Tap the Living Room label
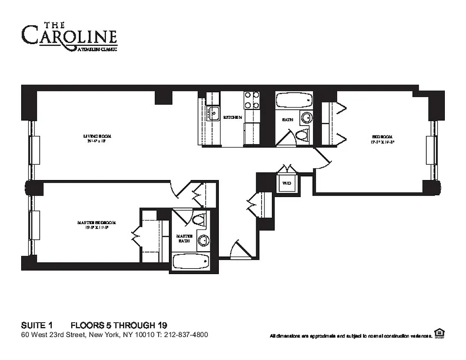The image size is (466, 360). [97, 138]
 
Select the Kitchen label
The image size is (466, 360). [233, 117]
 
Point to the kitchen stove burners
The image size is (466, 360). [252, 100]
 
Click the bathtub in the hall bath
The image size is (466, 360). [294, 100]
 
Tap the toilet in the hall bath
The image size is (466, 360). [302, 134]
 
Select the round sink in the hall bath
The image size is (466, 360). [306, 118]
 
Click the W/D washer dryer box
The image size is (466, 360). [287, 184]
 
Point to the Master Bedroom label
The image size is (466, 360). [97, 225]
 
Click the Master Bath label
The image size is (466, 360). [184, 238]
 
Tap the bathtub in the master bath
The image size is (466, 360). [191, 261]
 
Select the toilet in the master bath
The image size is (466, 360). [198, 220]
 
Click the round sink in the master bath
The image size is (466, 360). [203, 240]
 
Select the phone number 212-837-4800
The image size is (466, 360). [186, 335]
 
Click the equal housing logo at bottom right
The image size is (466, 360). [439, 333]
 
